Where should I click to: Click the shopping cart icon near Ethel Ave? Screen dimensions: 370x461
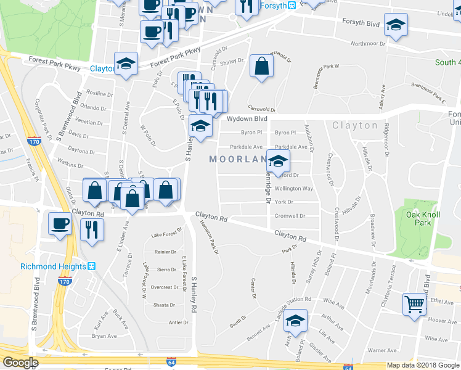pos(415,303)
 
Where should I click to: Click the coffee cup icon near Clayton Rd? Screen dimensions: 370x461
pos(61,223)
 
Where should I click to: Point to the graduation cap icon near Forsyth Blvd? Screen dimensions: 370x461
pos(395,25)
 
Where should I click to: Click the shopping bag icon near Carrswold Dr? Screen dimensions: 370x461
pos(262,67)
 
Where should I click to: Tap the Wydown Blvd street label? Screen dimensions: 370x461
pos(247,118)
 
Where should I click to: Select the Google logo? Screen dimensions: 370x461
pos(20,362)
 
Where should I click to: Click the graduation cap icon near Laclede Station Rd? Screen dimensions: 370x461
pos(296,321)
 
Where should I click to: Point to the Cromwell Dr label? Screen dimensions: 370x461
pos(290,216)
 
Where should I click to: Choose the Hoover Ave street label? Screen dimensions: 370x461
pos(442,321)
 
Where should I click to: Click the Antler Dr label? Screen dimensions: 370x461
pos(178,323)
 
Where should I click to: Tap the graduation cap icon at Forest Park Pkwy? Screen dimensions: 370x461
pos(126,64)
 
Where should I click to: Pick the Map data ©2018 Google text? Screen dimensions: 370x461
pos(422,365)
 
